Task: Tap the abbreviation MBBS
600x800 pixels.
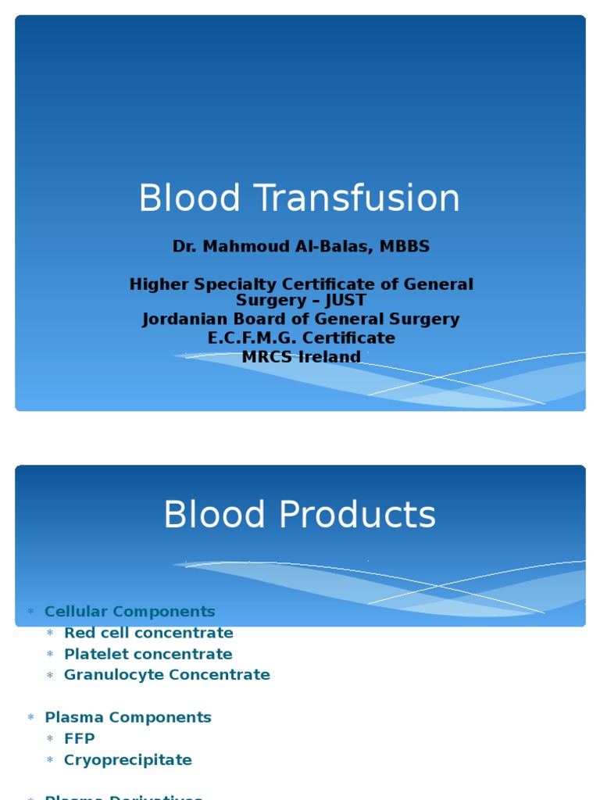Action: (x=404, y=247)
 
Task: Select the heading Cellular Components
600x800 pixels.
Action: (x=130, y=612)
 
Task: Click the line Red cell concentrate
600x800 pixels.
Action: (x=148, y=633)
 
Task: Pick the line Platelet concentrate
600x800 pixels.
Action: (x=148, y=654)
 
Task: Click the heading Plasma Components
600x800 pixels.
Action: (x=128, y=717)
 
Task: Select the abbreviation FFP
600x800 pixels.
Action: (x=80, y=738)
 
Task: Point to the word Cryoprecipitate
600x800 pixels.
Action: (x=128, y=760)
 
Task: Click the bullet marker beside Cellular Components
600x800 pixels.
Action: (x=31, y=612)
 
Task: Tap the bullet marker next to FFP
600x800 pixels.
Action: (x=50, y=739)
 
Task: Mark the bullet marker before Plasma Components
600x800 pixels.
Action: (x=31, y=717)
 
